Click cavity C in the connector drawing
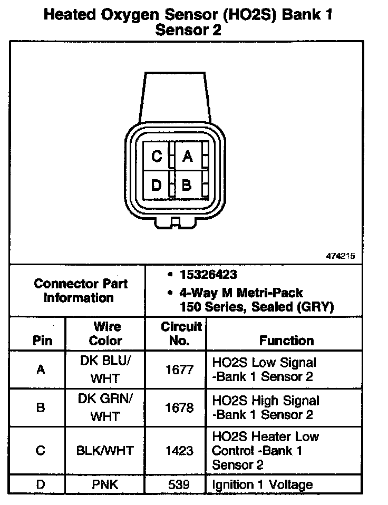pyautogui.click(x=157, y=157)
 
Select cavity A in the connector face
pyautogui.click(x=187, y=157)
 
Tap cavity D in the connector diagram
pyautogui.click(x=157, y=185)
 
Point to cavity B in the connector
pyautogui.click(x=187, y=185)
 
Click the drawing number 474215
pyautogui.click(x=341, y=256)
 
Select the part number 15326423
pyautogui.click(x=208, y=275)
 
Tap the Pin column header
pyautogui.click(x=42, y=340)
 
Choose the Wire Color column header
pyautogui.click(x=105, y=334)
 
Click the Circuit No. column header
pyautogui.click(x=181, y=334)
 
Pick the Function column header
pyautogui.click(x=286, y=341)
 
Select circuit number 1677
pyautogui.click(x=180, y=370)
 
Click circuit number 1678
pyautogui.click(x=180, y=408)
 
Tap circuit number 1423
pyautogui.click(x=180, y=451)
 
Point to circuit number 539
pyautogui.click(x=180, y=484)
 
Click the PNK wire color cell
pyautogui.click(x=105, y=484)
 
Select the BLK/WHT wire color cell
pyautogui.click(x=105, y=451)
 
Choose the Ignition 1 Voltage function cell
pyautogui.click(x=262, y=484)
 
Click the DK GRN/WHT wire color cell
pyautogui.click(x=105, y=408)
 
